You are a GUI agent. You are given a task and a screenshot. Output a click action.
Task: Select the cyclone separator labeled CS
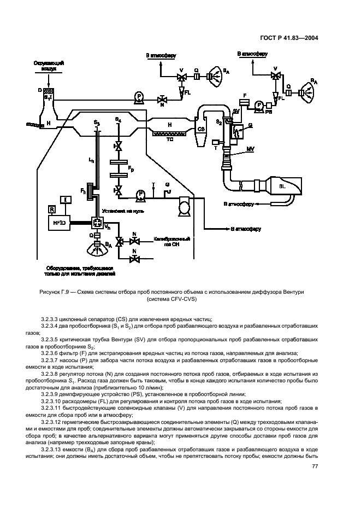[201, 129]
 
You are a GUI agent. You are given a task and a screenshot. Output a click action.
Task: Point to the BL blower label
[282, 186]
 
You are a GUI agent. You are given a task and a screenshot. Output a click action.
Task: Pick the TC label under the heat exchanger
[170, 139]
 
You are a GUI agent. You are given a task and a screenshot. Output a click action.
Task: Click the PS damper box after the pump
[269, 111]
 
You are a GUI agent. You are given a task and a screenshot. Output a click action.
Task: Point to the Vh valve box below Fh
[99, 224]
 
